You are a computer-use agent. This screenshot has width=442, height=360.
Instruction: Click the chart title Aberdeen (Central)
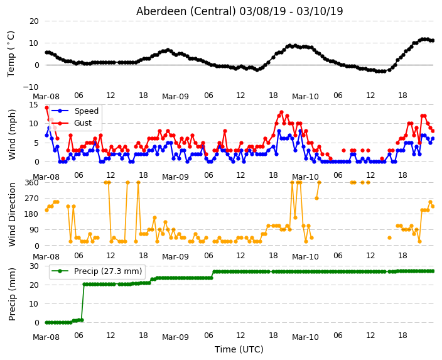pyautogui.click(x=186, y=11)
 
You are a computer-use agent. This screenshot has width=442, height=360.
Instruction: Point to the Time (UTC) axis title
pyautogui.click(x=239, y=349)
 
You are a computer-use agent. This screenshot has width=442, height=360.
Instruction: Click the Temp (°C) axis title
pyautogui.click(x=11, y=54)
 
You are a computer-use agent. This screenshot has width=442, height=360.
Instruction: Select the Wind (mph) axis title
pyautogui.click(x=12, y=134)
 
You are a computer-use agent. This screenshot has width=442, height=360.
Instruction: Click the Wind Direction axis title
pyautogui.click(x=12, y=214)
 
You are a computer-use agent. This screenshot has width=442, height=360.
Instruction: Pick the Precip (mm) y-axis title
pyautogui.click(x=12, y=294)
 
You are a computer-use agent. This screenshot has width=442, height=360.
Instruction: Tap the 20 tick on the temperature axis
pyautogui.click(x=34, y=21)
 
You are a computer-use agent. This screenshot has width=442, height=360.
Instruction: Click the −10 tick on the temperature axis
pyautogui.click(x=31, y=87)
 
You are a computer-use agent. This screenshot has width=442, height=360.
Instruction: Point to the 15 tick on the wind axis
pyautogui.click(x=33, y=105)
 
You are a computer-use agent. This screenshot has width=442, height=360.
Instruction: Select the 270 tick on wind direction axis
pyautogui.click(x=32, y=199)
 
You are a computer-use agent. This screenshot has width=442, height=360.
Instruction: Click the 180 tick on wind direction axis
pyautogui.click(x=32, y=214)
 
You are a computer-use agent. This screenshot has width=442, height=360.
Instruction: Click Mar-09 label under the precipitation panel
pyautogui.click(x=175, y=337)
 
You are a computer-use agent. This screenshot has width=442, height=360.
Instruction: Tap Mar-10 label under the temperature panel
pyautogui.click(x=305, y=97)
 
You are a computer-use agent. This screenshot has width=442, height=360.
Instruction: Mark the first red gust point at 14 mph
pyautogui.click(x=47, y=108)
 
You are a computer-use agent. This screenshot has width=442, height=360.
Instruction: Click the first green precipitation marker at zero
pyautogui.click(x=47, y=322)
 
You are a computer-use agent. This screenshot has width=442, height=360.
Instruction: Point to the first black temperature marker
pyautogui.click(x=47, y=53)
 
